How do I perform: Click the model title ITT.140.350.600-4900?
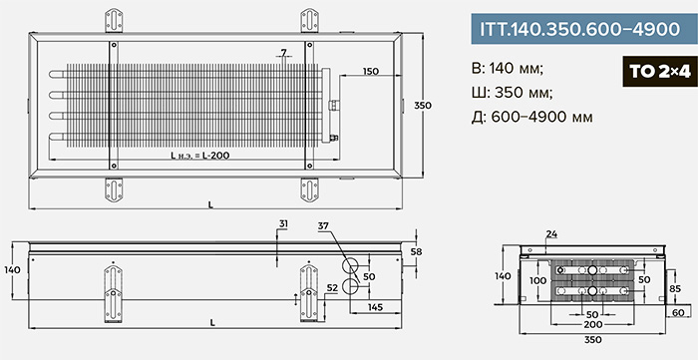pos(579,29)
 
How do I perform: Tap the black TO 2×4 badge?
pos(660,72)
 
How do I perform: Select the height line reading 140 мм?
pos(508,69)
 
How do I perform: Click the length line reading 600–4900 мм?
pos(531,117)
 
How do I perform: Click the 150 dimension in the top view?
pos(370,71)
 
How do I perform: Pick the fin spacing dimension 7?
pos(283,53)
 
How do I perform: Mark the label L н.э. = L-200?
pos(200,156)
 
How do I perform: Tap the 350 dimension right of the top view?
pos(423,106)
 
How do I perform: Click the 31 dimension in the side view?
pos(283,223)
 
